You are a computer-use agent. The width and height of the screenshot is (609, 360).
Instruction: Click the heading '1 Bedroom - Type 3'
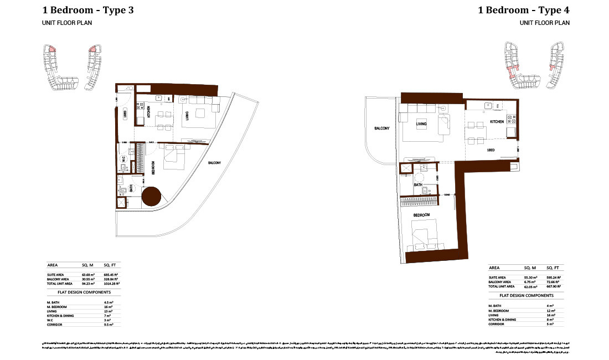click(88, 10)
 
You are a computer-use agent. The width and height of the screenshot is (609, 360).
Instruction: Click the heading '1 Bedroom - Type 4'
click(524, 10)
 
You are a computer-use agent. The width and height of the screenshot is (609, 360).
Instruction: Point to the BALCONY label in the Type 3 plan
click(215, 163)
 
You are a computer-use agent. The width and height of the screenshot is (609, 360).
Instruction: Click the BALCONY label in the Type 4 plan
click(382, 128)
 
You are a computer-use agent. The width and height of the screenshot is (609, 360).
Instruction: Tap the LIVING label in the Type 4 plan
click(421, 124)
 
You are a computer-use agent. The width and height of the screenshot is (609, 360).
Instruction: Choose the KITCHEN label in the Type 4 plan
click(496, 121)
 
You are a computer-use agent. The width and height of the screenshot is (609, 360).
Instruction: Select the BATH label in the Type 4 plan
click(419, 184)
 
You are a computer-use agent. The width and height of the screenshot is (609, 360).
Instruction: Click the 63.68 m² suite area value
click(89, 274)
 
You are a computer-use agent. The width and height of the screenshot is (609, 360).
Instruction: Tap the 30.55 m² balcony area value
click(89, 279)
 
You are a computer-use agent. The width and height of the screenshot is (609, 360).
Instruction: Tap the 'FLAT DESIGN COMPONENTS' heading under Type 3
click(84, 292)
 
